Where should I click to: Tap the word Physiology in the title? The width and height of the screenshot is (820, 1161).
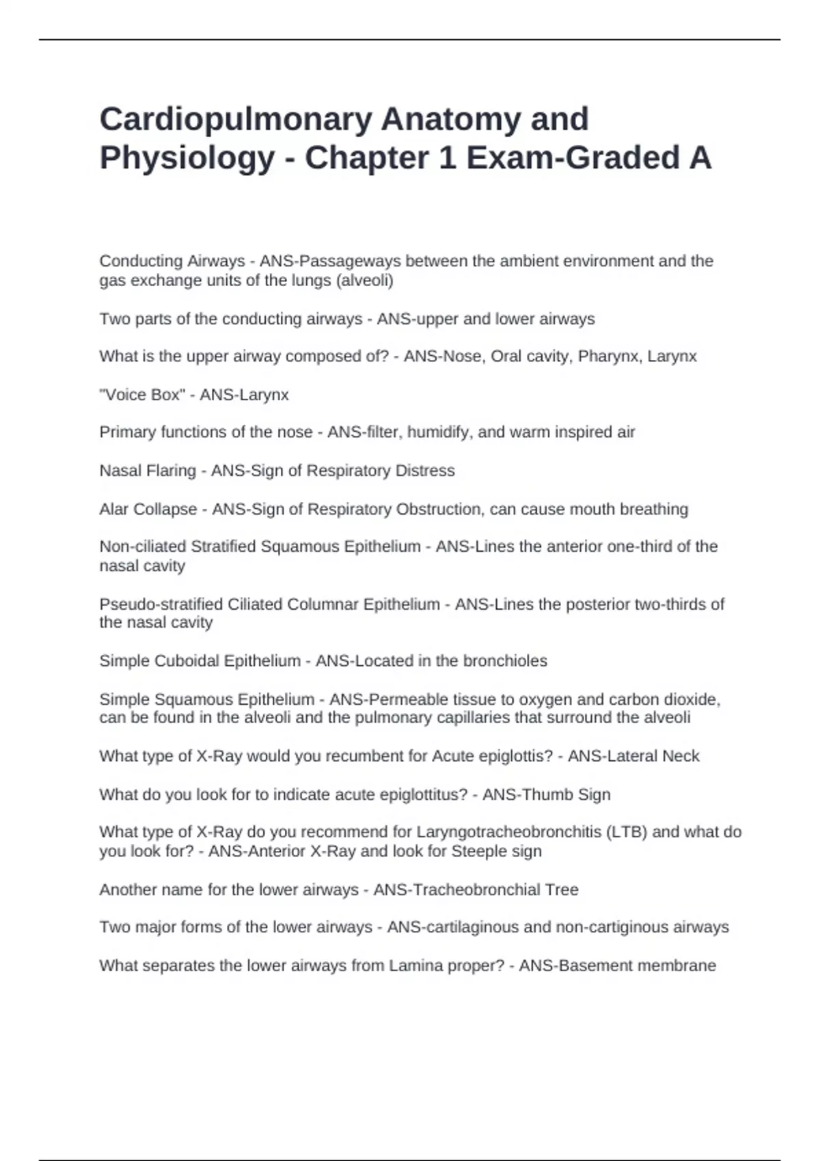click(187, 158)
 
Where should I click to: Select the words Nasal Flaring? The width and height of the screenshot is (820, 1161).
click(148, 471)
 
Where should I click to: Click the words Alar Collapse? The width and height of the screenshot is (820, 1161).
click(148, 509)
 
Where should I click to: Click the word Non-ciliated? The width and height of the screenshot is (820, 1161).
click(143, 546)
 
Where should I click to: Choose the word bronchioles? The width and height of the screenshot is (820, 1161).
click(505, 661)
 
